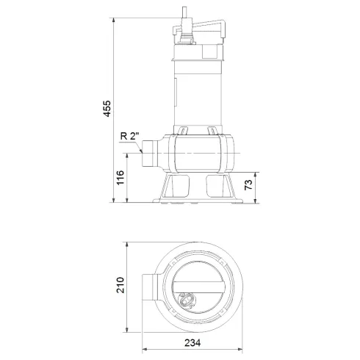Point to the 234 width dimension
[x=192, y=343]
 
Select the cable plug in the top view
[x=187, y=299]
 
